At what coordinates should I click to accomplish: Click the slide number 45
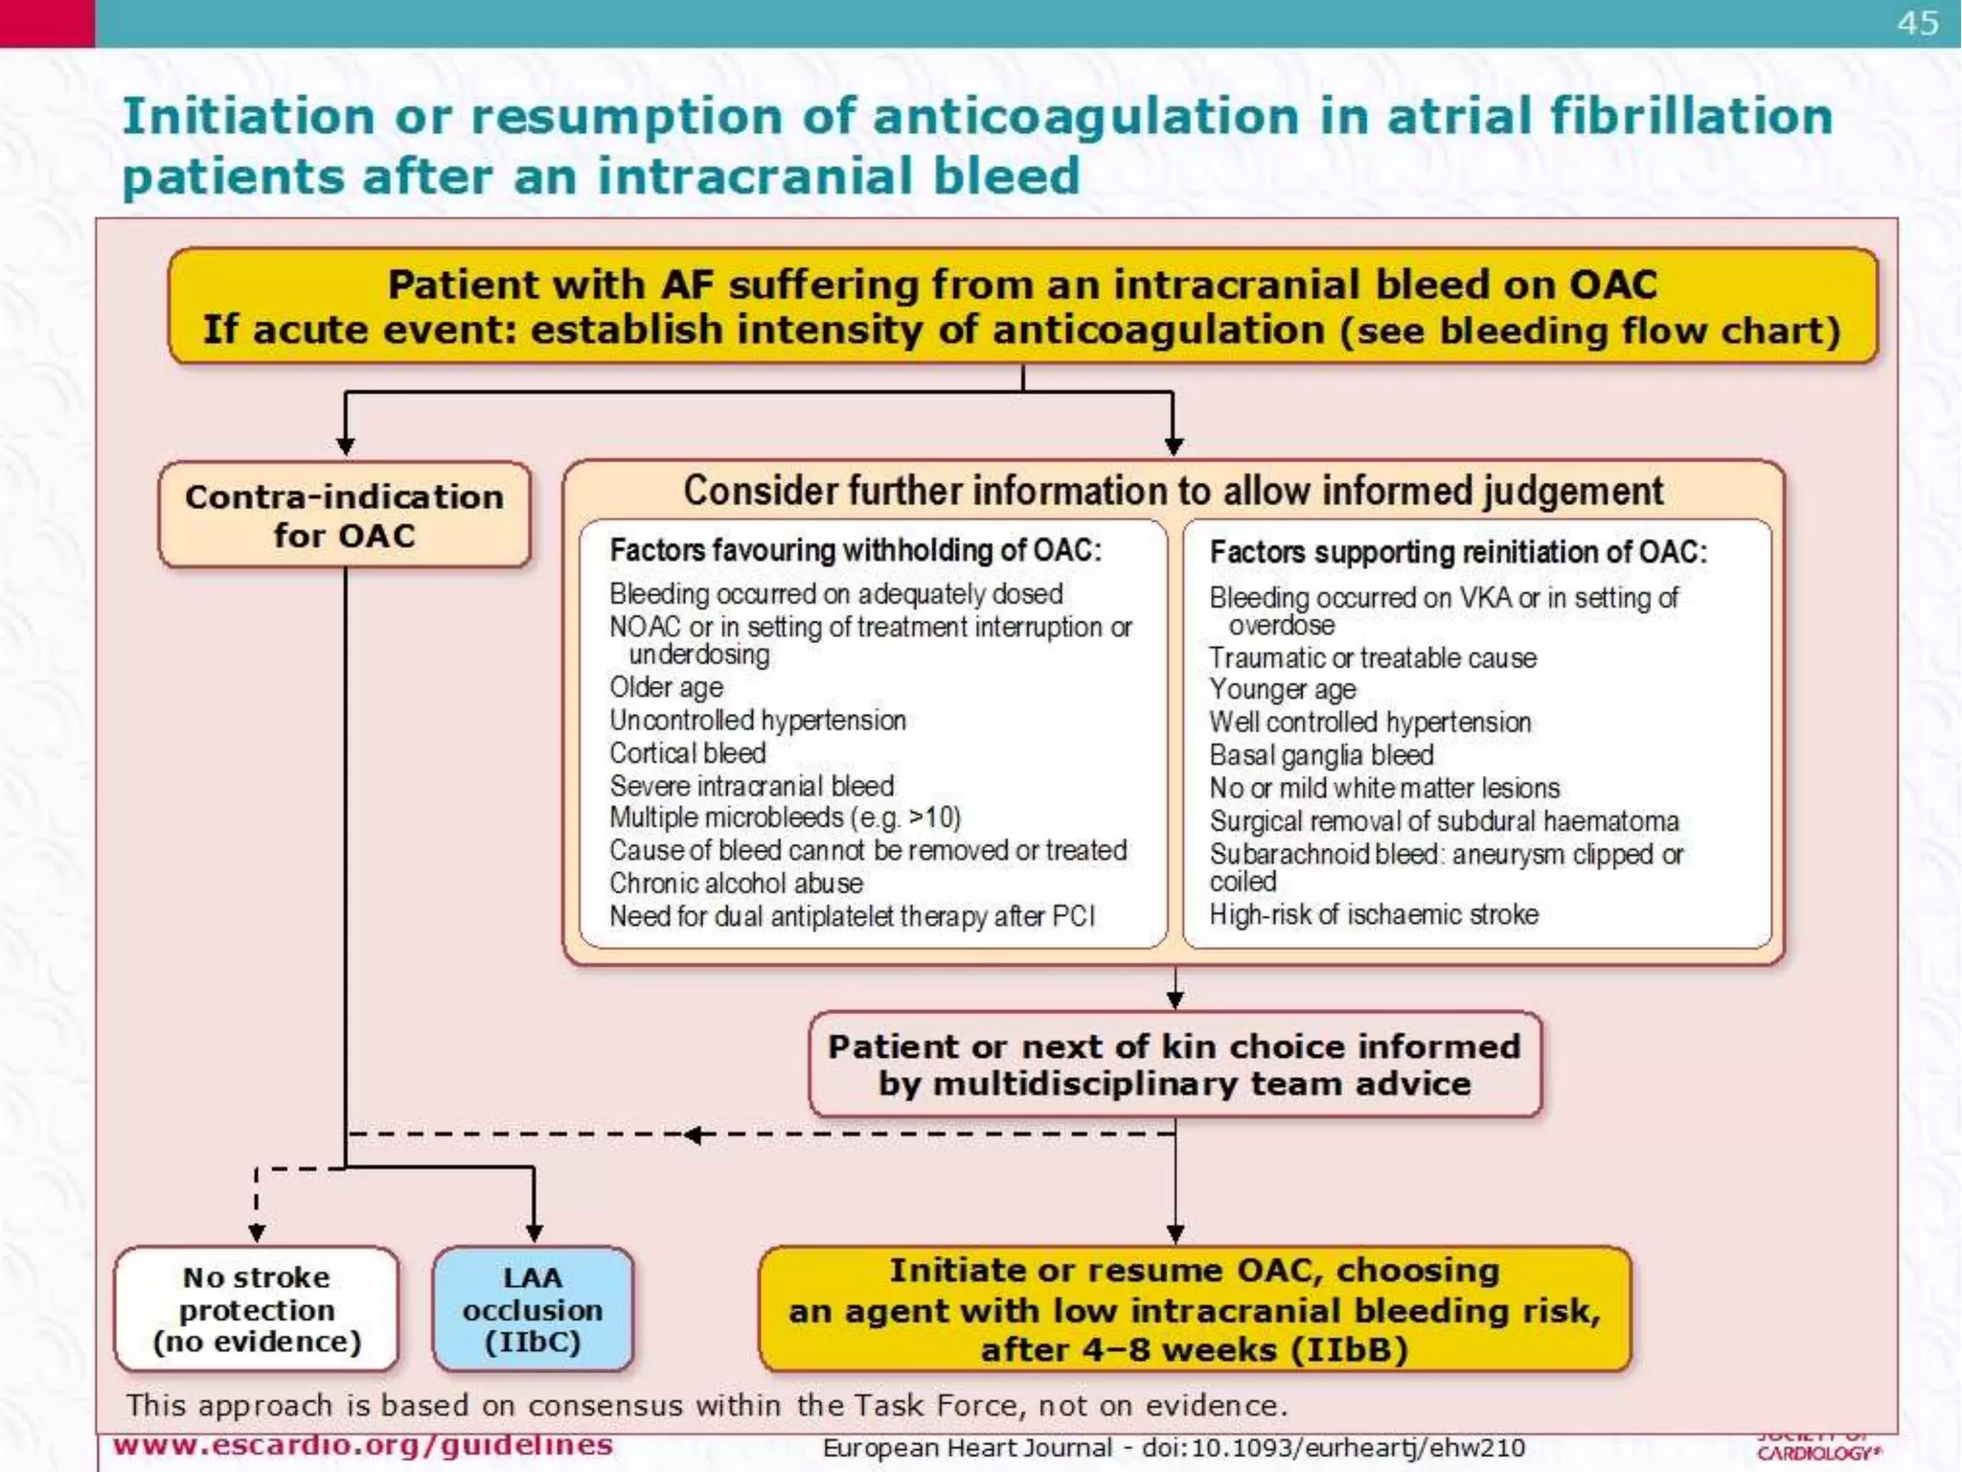(1918, 23)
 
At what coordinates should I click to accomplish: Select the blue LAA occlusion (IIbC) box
(533, 1309)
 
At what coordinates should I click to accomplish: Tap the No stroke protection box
(257, 1309)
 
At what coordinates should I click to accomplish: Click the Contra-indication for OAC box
(345, 516)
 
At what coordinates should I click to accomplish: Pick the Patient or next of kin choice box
(1175, 1065)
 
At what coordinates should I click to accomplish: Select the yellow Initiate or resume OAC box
(1194, 1309)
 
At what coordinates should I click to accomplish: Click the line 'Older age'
(667, 687)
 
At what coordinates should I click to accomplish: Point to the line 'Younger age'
(1283, 689)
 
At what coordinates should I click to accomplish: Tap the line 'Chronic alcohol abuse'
(736, 883)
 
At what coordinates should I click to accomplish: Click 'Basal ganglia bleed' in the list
(1321, 755)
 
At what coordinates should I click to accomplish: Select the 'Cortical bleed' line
(688, 753)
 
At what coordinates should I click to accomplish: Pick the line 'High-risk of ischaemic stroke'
(1374, 914)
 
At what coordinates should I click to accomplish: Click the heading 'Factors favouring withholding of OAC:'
(856, 550)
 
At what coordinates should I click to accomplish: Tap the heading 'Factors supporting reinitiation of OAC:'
(1458, 552)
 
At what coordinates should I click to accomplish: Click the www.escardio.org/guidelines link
(363, 1444)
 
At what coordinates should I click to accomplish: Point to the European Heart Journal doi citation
(1174, 1447)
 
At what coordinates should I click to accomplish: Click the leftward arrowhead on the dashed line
(692, 1136)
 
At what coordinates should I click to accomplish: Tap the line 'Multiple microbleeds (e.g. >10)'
(785, 817)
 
